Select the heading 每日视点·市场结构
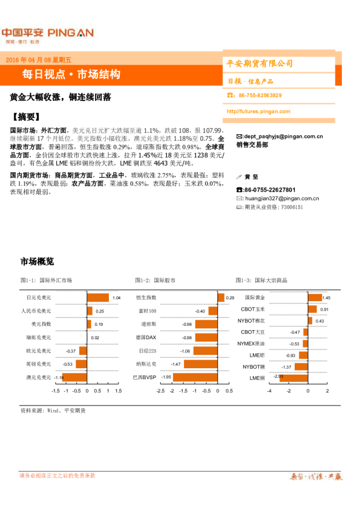point(71,74)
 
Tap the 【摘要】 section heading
point(26,117)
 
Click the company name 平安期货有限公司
point(259,63)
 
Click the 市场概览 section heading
point(37,262)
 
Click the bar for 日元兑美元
point(98,297)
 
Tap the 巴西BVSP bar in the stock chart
point(193,377)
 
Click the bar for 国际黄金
point(315,297)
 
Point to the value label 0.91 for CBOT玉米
point(324,310)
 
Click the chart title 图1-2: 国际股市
point(155,280)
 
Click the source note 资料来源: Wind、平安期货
point(53,410)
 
